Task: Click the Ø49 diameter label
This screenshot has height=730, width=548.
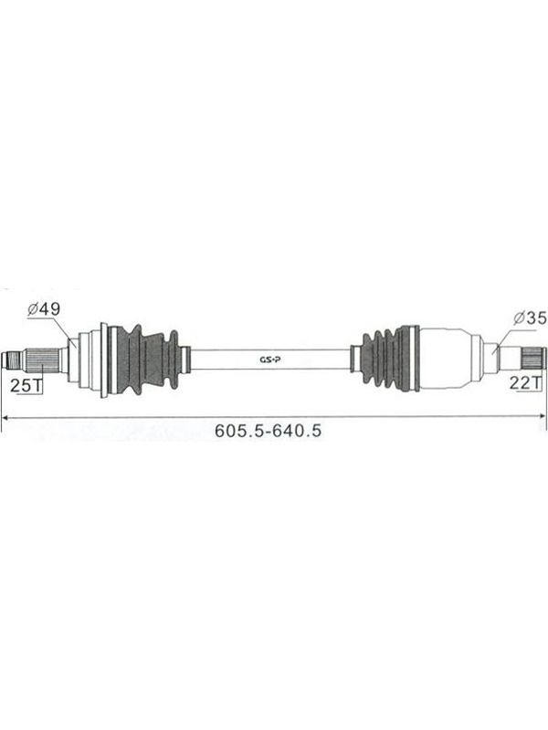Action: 44,309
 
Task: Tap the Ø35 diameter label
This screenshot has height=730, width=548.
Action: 531,318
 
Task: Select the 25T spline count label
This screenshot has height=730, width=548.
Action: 26,385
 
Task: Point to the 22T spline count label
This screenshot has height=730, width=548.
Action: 526,382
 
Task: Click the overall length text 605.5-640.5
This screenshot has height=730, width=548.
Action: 268,431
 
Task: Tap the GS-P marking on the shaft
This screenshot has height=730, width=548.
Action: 269,360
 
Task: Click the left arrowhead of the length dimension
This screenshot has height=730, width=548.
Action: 6,417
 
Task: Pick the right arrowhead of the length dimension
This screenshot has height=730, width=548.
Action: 541,416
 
